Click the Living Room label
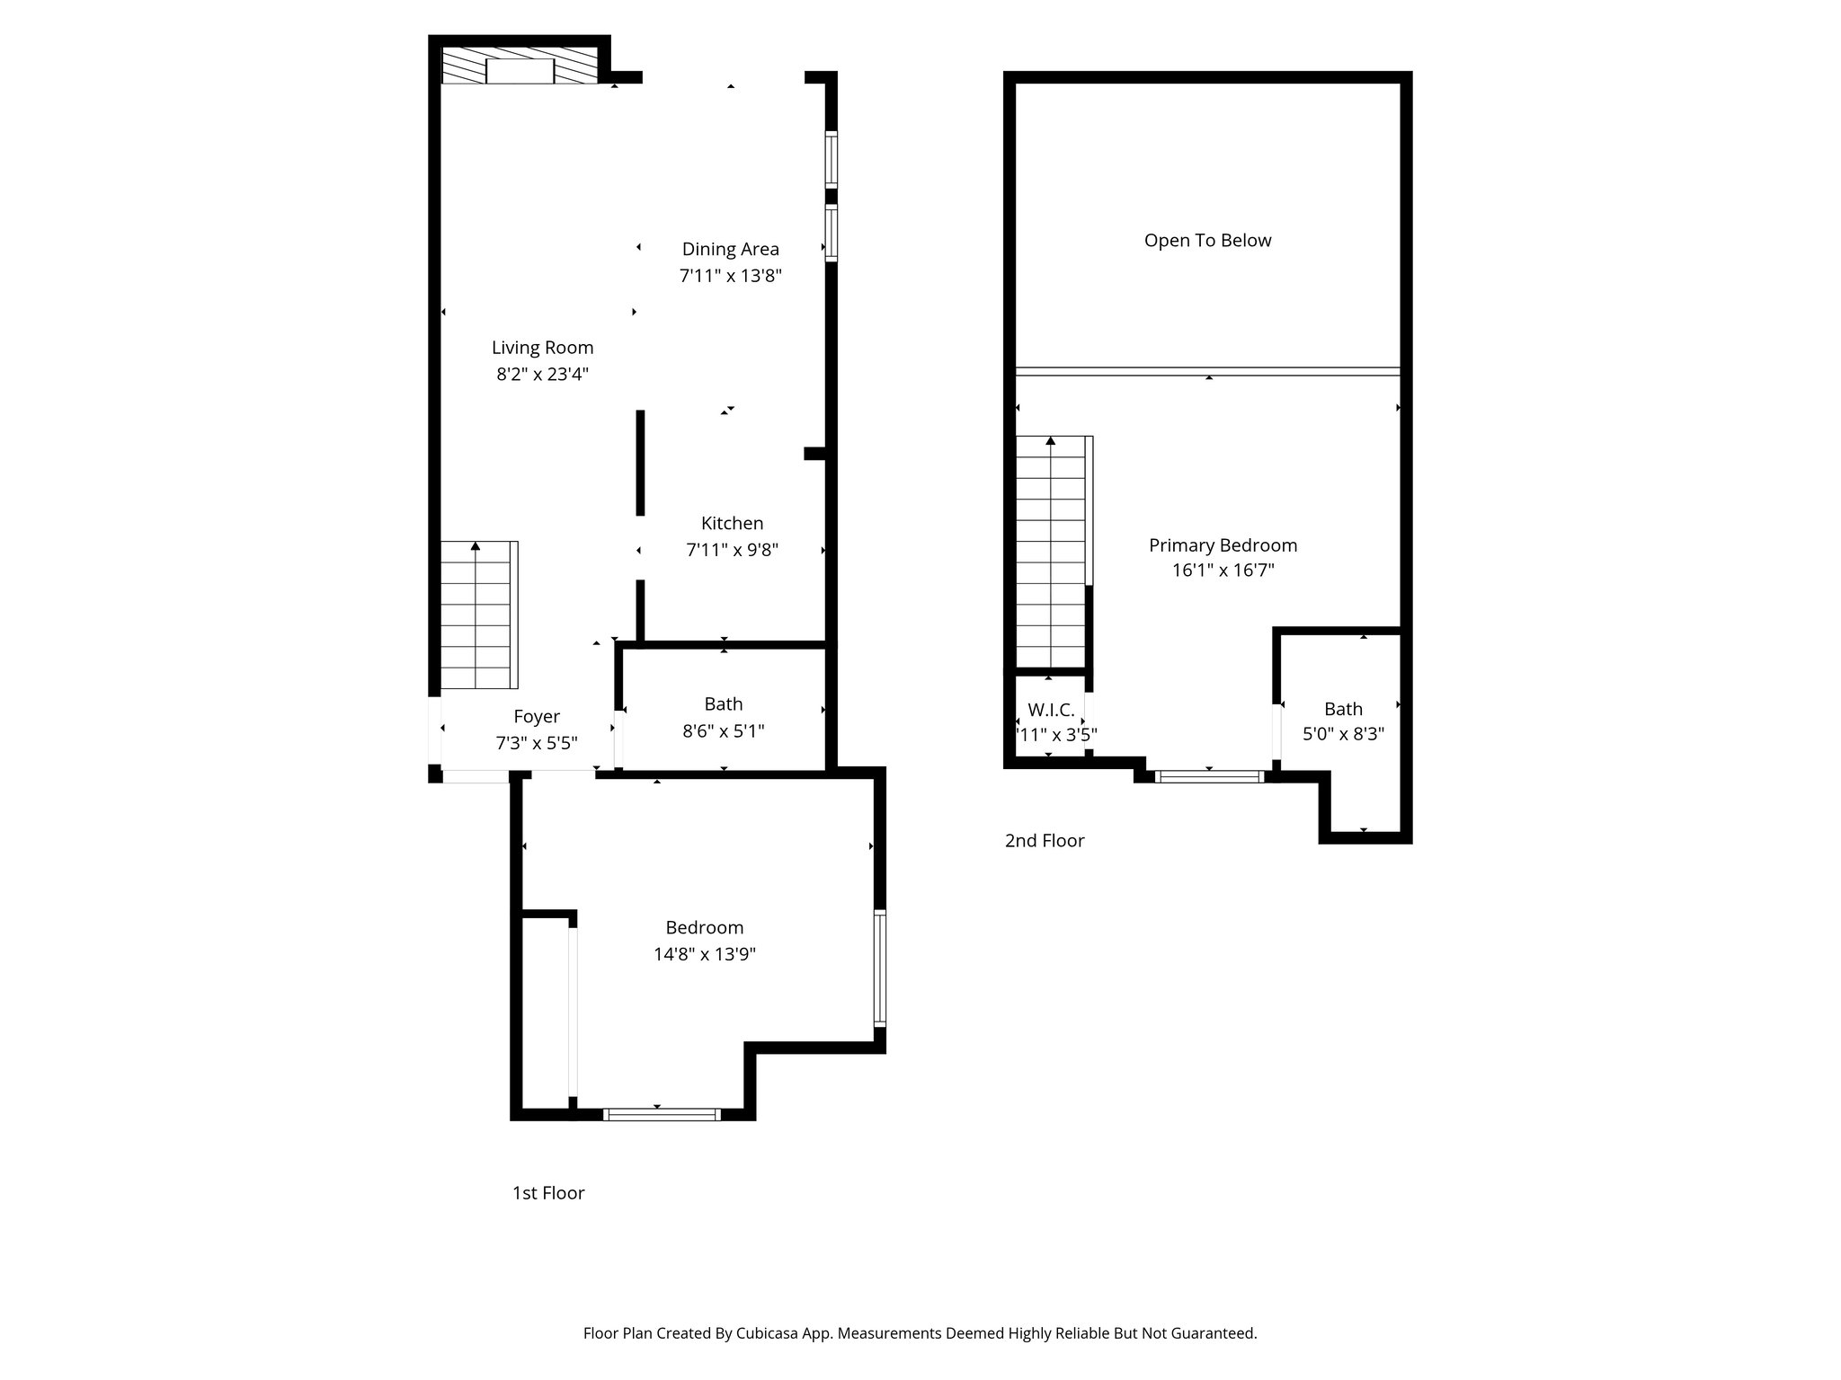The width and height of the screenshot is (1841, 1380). pyautogui.click(x=542, y=348)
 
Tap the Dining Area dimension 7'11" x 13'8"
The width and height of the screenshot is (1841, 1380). pyautogui.click(x=730, y=276)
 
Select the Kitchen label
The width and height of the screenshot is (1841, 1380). pyautogui.click(x=732, y=523)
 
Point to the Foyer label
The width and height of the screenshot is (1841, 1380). pyautogui.click(x=537, y=716)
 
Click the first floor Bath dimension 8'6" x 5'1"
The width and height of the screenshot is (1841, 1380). pyautogui.click(x=723, y=731)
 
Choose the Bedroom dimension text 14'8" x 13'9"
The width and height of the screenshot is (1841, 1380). pyautogui.click(x=704, y=954)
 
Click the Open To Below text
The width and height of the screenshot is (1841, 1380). pyautogui.click(x=1207, y=241)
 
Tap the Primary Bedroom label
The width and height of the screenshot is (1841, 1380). pyautogui.click(x=1223, y=545)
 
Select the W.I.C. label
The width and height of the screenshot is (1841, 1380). pyautogui.click(x=1051, y=710)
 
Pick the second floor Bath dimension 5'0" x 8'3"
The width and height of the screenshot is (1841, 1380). pyautogui.click(x=1343, y=734)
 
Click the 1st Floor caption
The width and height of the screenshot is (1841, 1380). pyautogui.click(x=548, y=1193)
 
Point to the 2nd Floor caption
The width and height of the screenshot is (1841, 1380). pyautogui.click(x=1045, y=841)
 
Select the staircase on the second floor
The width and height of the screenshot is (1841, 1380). pyautogui.click(x=1050, y=553)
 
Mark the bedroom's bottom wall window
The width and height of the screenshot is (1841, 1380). pyautogui.click(x=662, y=1115)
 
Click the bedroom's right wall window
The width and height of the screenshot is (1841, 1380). pyautogui.click(x=880, y=969)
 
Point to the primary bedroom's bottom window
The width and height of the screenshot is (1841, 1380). pyautogui.click(x=1209, y=776)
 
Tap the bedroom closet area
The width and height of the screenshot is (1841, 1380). pyautogui.click(x=546, y=1013)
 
